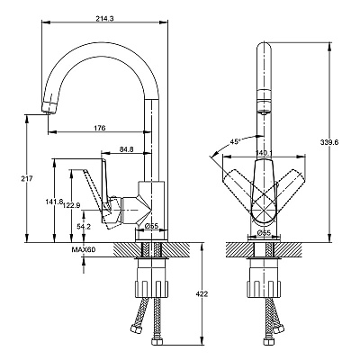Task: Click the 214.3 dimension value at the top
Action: (x=104, y=19)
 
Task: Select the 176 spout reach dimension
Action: (x=100, y=128)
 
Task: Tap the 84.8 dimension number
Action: (x=126, y=149)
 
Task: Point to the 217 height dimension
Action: (x=27, y=179)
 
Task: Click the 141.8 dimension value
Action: (x=54, y=202)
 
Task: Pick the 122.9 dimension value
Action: (x=71, y=205)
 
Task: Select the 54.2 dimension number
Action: (x=84, y=227)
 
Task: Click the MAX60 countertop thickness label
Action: (x=83, y=249)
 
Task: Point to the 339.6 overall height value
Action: (x=329, y=143)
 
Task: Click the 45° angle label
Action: (x=236, y=141)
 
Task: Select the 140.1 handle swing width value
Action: (x=264, y=153)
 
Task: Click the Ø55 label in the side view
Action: (x=151, y=226)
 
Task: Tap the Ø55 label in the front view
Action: (x=264, y=232)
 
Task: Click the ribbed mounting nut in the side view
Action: (x=152, y=289)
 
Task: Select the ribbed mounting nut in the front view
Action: (x=264, y=289)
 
